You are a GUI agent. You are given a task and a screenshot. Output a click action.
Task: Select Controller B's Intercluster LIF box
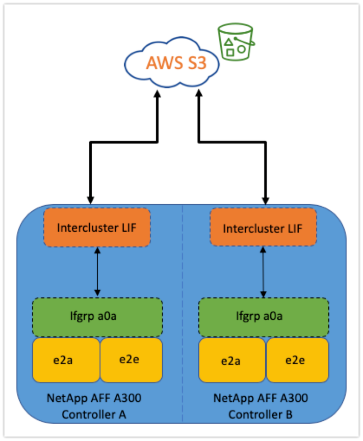tap(263, 227)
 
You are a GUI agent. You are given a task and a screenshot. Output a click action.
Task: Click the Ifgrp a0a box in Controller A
tap(97, 316)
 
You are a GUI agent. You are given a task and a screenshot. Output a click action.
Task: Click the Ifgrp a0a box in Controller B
tap(263, 316)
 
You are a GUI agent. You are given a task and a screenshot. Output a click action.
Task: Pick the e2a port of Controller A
tap(66, 360)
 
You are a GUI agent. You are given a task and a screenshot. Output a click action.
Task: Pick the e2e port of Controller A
tap(131, 360)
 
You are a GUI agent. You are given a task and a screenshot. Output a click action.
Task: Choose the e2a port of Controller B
tap(232, 360)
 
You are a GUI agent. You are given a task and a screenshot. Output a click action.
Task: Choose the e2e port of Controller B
tap(297, 360)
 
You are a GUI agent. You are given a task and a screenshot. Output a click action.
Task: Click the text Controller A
tap(94, 415)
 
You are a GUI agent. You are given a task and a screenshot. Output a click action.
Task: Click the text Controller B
tap(260, 415)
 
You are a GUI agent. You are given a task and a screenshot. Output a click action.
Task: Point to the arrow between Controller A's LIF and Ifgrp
tap(97, 271)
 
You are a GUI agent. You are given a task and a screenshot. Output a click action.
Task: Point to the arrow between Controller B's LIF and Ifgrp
tap(264, 271)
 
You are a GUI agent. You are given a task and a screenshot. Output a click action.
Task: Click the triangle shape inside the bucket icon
tap(229, 42)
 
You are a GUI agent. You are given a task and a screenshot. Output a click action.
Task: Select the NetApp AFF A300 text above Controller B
tap(260, 398)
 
